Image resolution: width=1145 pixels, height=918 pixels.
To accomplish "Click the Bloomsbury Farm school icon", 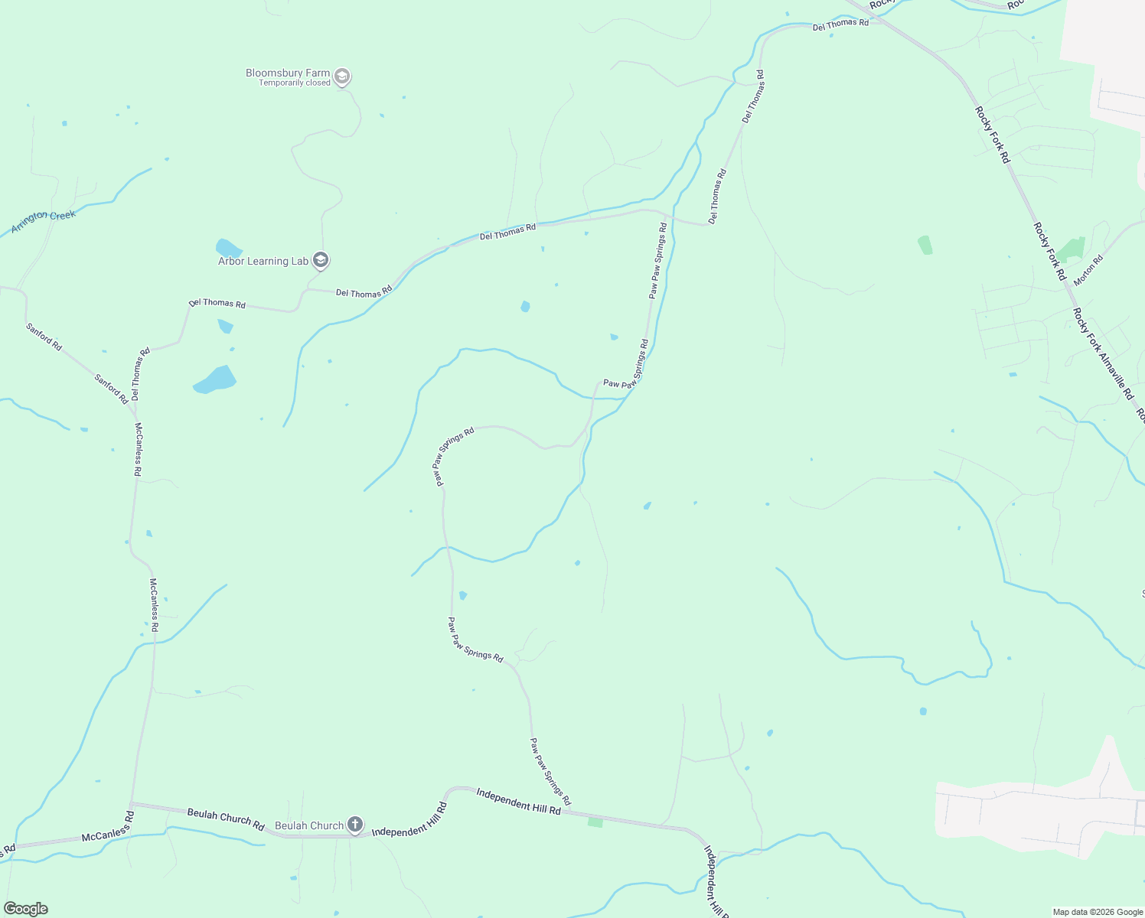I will coord(342,76).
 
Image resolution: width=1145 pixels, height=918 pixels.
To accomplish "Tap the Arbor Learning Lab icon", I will coord(321,261).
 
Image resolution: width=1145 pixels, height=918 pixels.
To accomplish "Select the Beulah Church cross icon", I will coord(354,825).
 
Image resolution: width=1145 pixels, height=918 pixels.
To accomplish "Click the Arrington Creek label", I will coord(44,221).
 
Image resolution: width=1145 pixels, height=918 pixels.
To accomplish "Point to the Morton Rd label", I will coord(1088,270).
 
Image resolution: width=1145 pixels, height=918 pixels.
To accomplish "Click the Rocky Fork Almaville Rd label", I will coord(1102,353).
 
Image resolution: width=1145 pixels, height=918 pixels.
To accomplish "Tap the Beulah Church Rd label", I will coord(226,819).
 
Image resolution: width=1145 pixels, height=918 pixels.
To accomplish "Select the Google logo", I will coord(26,909).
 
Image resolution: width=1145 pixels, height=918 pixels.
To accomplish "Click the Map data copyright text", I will coord(1098,912).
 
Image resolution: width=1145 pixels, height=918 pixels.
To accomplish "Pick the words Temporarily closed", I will coord(294,83).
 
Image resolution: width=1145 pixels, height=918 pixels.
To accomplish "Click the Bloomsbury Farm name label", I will coord(288,73).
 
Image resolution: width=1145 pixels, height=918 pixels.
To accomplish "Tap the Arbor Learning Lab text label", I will coord(263,262).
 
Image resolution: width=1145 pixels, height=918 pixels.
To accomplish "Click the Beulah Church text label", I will coord(309,825).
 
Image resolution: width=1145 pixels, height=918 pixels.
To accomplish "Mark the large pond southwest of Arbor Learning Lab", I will coord(215,379).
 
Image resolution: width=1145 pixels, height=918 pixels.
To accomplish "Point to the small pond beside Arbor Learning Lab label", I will coord(228,249).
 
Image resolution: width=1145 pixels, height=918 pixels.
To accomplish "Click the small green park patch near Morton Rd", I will coord(1072,249).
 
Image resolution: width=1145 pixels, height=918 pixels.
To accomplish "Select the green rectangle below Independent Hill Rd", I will coord(595,822).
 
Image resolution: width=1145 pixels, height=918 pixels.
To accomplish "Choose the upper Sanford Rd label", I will coord(44,337).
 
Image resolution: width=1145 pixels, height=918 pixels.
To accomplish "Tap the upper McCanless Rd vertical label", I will coord(138,450).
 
